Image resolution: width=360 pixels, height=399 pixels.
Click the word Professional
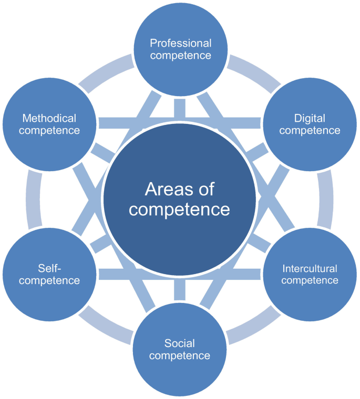point(180,43)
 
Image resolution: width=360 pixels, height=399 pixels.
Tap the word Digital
point(310,118)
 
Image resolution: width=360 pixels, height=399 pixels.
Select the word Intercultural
point(310,269)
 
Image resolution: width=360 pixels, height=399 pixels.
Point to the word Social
point(179,344)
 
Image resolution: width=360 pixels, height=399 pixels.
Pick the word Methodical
point(49,118)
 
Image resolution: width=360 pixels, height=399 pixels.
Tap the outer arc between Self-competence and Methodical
point(33,199)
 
